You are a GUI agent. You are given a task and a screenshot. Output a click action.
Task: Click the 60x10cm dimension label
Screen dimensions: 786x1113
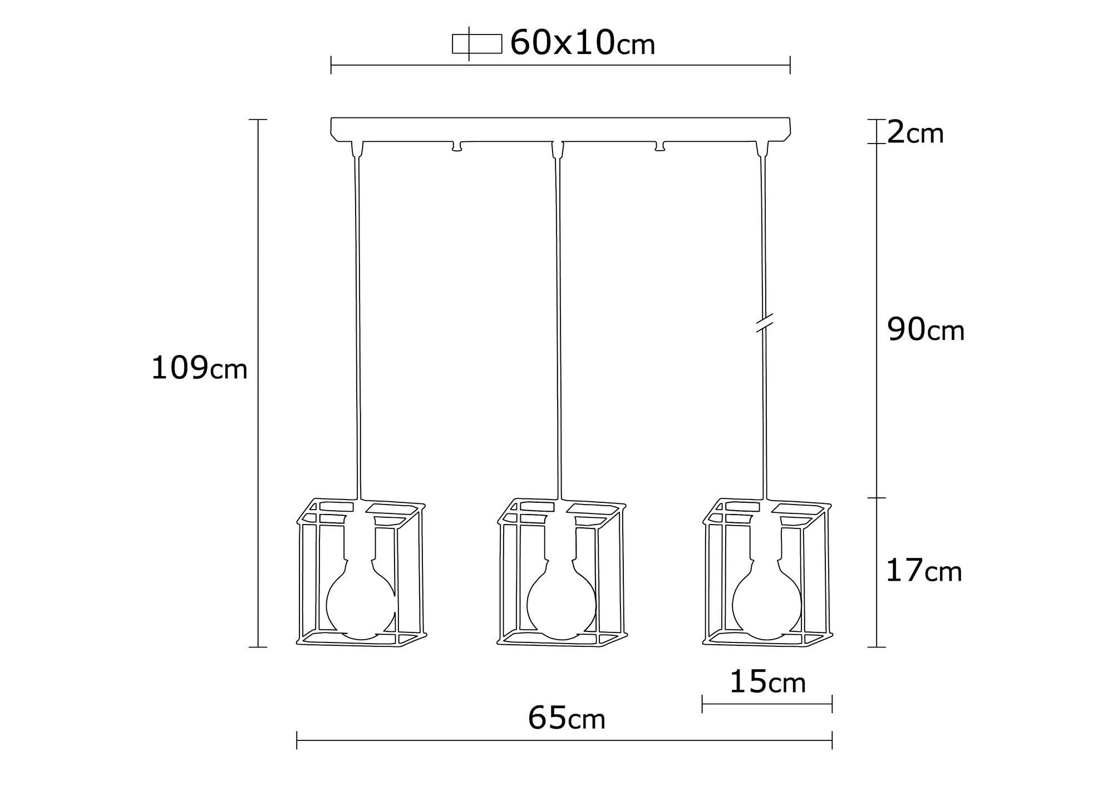pyautogui.click(x=582, y=43)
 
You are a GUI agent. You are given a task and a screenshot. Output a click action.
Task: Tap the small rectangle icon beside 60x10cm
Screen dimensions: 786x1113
pyautogui.click(x=476, y=44)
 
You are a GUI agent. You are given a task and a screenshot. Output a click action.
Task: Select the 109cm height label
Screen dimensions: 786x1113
pyautogui.click(x=199, y=368)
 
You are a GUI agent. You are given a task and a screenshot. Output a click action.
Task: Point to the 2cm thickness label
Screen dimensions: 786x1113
pyautogui.click(x=915, y=134)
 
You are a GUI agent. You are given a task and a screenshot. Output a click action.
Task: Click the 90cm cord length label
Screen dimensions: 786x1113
pyautogui.click(x=925, y=330)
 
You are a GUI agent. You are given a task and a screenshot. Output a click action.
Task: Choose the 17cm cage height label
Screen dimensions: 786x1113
pyautogui.click(x=924, y=571)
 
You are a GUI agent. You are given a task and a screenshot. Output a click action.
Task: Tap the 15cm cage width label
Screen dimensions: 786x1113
pyautogui.click(x=767, y=682)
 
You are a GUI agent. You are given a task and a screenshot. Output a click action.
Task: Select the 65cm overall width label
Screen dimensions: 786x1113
pyautogui.click(x=567, y=718)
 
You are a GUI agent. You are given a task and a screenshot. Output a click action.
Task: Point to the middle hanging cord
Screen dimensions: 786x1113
pyautogui.click(x=558, y=323)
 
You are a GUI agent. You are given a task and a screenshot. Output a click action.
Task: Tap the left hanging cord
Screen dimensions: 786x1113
pyautogui.click(x=357, y=323)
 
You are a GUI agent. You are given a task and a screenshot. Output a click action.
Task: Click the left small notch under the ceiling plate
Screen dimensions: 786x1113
pyautogui.click(x=457, y=146)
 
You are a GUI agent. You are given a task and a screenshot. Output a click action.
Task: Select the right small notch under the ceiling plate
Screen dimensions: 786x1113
pyautogui.click(x=660, y=146)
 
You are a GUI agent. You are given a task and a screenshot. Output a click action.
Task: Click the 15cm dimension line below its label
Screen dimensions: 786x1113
pyautogui.click(x=767, y=704)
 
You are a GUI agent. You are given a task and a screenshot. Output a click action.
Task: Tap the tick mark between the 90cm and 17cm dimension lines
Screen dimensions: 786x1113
pyautogui.click(x=877, y=498)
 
